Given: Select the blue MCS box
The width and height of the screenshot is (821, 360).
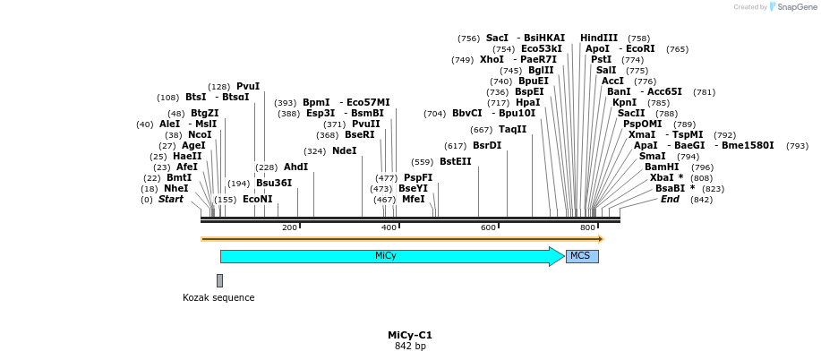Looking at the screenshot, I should pos(581,256).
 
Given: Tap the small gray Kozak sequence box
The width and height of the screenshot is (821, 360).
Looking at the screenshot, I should pos(219,280).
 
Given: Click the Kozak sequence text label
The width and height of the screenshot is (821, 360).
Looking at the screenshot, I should pos(218,297).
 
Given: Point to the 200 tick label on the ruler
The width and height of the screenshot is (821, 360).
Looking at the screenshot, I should pos(289,228).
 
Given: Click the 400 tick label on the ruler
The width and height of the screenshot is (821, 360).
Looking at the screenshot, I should pos(389,228).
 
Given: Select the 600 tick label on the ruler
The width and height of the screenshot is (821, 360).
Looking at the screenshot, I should pos(488,228).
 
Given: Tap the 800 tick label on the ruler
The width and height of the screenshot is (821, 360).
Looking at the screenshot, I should pos(587,228).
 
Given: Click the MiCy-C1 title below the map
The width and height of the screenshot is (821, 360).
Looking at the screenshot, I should pos(410,335).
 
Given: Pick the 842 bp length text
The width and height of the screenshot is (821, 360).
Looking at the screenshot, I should pos(410,346).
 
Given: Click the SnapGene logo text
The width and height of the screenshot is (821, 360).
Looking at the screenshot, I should pos(792,7).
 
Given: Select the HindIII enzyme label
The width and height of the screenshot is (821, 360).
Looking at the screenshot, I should pos(599,38).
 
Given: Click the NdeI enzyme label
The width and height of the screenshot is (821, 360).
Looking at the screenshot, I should pos(344,150).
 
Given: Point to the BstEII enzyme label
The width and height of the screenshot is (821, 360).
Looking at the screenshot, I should pos(455,161).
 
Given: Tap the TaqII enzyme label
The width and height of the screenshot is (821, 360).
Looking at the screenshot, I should pos(512,129).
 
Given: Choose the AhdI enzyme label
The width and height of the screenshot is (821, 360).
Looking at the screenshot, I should pos(295,167).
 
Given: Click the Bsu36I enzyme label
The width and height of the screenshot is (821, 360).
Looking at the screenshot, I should pos(274,183).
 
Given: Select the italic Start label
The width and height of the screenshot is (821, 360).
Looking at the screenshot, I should pos(170,199).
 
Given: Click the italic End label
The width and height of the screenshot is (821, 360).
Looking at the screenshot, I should pos(670,199).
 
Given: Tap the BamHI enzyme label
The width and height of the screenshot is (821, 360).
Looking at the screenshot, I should pos(661,167).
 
